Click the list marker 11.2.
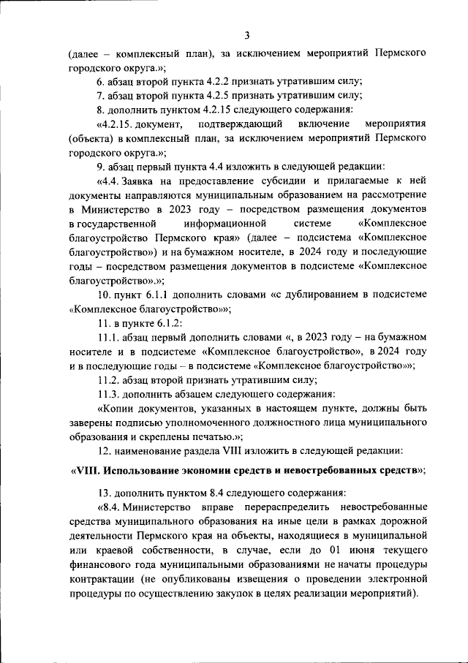(x=108, y=379)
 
